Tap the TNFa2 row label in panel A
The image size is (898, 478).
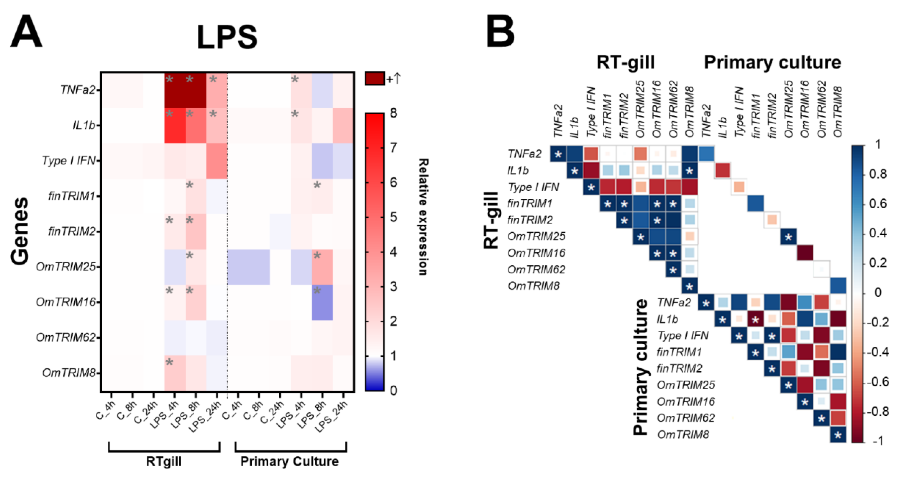click(x=78, y=90)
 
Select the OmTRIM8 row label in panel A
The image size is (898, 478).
click(x=69, y=373)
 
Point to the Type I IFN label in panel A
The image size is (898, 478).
click(x=68, y=161)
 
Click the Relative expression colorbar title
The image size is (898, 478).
click(x=423, y=217)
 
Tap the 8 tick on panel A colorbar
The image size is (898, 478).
click(x=393, y=113)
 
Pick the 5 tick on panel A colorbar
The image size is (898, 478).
click(x=393, y=217)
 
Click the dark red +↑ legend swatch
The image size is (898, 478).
click(x=374, y=79)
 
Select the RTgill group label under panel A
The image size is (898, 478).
click(x=164, y=461)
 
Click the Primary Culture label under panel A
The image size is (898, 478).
click(x=289, y=461)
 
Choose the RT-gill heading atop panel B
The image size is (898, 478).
click(x=625, y=62)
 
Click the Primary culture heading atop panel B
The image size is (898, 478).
click(x=772, y=62)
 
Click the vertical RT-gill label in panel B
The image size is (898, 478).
click(x=491, y=220)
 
